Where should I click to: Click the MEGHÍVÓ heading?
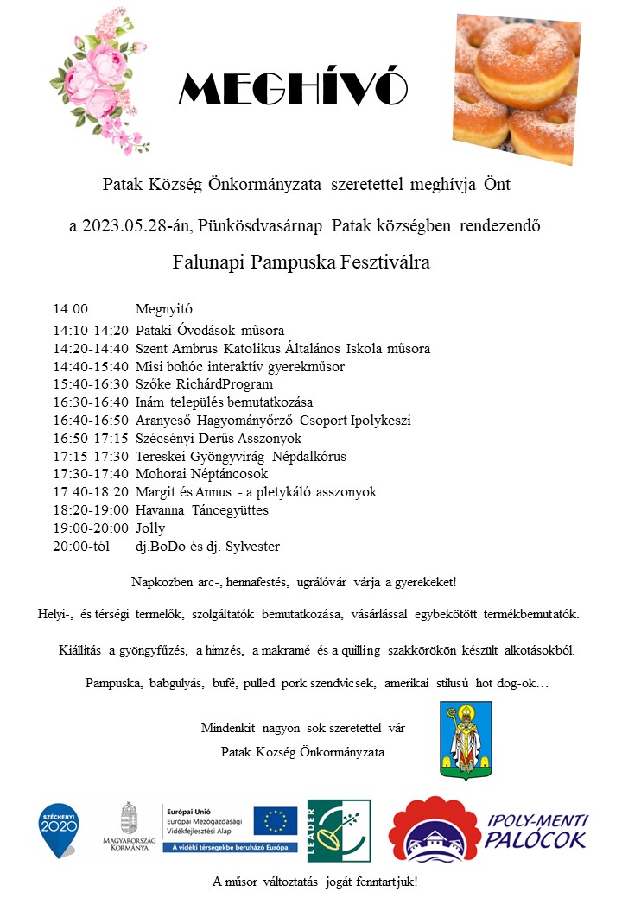(x=293, y=87)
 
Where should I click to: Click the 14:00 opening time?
(x=71, y=309)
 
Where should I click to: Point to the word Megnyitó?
(x=163, y=309)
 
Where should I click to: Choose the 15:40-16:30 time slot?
(x=91, y=384)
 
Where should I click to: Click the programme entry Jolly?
(x=149, y=528)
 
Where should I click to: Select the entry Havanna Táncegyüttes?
(x=202, y=510)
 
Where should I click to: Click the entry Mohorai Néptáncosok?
(x=202, y=474)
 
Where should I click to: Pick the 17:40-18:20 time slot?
(x=91, y=492)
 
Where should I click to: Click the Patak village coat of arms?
(x=466, y=740)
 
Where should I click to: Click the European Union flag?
(x=281, y=821)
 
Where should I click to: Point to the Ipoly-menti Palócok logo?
(x=489, y=828)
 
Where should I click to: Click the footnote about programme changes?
(x=315, y=882)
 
